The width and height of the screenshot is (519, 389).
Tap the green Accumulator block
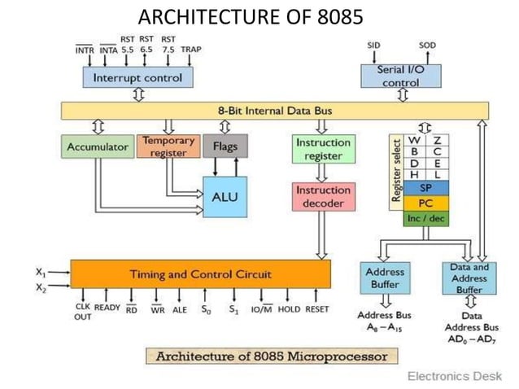(96, 147)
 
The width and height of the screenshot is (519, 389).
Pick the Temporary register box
(168, 146)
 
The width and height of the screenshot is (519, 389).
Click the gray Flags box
(225, 147)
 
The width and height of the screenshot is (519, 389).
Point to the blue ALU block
(225, 196)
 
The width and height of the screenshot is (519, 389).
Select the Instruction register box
(323, 148)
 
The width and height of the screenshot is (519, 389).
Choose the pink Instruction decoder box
(323, 196)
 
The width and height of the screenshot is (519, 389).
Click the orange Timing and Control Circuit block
(200, 274)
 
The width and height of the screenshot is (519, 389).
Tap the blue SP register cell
(425, 187)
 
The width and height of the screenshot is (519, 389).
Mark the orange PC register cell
(425, 203)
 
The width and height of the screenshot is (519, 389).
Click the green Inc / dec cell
(425, 218)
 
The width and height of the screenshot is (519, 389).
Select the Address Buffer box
(385, 278)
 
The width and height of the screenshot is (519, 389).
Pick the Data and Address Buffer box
(469, 278)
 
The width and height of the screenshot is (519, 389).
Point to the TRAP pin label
(191, 50)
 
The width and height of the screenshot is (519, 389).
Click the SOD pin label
(427, 45)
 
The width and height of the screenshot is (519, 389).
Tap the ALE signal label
(180, 309)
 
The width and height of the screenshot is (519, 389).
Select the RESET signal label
(316, 309)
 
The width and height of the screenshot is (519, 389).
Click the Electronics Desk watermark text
(455, 376)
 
